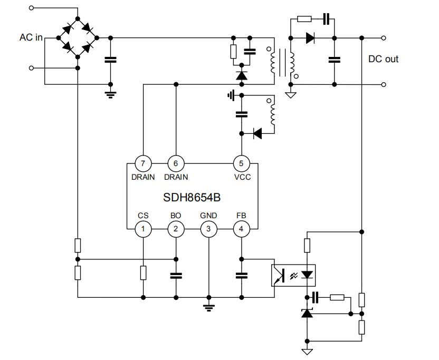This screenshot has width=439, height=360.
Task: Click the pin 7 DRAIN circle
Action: (143, 163)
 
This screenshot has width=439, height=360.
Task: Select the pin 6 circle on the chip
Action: (176, 163)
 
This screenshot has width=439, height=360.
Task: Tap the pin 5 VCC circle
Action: (242, 163)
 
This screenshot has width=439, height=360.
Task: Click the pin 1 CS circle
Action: (143, 229)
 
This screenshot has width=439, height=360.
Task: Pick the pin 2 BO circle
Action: (176, 229)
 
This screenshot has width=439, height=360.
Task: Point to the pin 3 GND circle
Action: (208, 229)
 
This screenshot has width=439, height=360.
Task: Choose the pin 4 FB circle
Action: (242, 229)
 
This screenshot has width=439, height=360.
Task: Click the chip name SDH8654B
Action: (191, 198)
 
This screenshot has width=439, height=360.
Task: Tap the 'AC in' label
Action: (31, 38)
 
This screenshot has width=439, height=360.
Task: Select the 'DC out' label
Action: (383, 59)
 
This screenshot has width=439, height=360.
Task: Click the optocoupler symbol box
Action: (293, 275)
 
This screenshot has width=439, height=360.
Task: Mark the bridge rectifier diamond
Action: (78, 38)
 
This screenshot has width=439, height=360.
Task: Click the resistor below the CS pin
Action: (143, 273)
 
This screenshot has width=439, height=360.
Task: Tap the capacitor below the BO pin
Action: (176, 275)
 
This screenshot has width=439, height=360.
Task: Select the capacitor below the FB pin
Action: (242, 275)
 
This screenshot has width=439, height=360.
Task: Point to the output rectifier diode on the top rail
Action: (311, 38)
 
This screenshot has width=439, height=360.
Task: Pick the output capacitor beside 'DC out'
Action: (333, 59)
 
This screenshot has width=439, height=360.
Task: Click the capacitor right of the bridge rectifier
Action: (110, 59)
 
